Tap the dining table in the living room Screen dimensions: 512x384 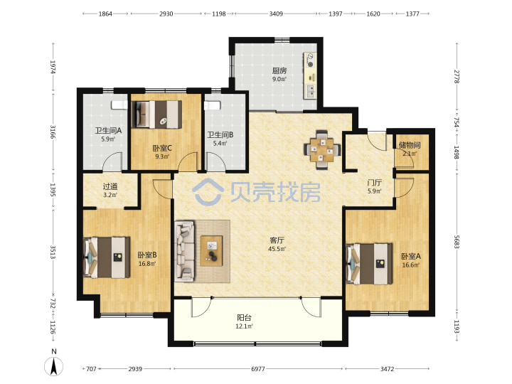click(322, 150)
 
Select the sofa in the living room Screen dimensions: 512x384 click(185, 250)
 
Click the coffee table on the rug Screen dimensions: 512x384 click(212, 250)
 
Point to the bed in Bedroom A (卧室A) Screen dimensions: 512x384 click(369, 264)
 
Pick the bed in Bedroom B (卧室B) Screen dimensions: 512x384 click(107, 257)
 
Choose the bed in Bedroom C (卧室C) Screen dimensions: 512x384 click(156, 114)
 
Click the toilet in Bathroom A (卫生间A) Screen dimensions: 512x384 click(119, 105)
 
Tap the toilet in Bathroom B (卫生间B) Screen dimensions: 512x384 click(212, 105)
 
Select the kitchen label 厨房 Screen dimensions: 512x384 click(279, 70)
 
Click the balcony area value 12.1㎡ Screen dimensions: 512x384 click(244, 326)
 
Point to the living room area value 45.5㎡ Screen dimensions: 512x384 click(277, 249)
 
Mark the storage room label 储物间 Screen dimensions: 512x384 click(410, 145)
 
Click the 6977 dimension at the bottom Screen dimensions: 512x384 click(258, 368)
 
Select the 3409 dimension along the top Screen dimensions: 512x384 click(276, 14)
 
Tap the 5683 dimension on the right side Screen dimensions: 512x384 click(457, 242)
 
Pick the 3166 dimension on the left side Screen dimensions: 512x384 click(53, 132)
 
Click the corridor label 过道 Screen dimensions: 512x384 click(110, 186)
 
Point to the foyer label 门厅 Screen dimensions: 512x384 click(374, 183)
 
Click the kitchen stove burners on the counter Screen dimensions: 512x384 click(310, 60)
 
